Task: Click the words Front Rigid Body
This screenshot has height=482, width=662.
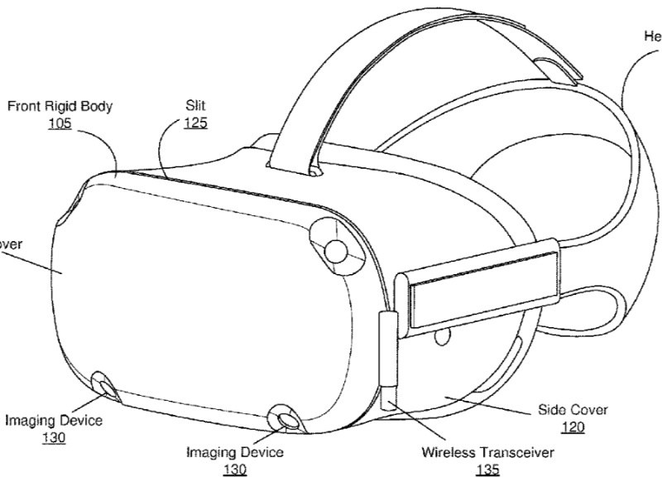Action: click(x=60, y=106)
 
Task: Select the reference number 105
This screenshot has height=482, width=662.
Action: click(x=60, y=124)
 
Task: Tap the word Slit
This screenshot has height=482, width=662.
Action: click(x=195, y=106)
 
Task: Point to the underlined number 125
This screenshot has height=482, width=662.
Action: click(x=195, y=123)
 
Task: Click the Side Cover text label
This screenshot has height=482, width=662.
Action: click(x=573, y=410)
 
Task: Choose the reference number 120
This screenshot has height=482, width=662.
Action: click(x=573, y=427)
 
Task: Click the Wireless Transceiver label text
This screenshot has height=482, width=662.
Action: click(x=487, y=453)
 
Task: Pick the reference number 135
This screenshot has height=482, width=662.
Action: click(x=487, y=470)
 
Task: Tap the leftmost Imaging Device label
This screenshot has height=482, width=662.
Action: click(x=54, y=421)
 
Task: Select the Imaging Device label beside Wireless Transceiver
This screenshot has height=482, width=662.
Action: click(x=234, y=452)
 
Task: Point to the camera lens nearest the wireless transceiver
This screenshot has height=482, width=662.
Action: click(x=288, y=421)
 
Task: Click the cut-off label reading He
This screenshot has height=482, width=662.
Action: click(x=652, y=36)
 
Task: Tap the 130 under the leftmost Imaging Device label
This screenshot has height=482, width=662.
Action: click(x=54, y=438)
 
